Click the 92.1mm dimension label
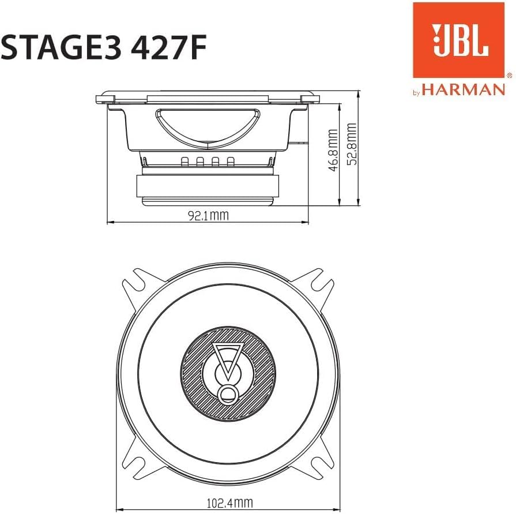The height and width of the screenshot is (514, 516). [x=208, y=216]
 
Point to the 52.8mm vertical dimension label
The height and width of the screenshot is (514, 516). [x=352, y=144]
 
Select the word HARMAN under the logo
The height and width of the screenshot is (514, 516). [x=463, y=89]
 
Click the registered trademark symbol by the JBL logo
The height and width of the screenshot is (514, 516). [x=509, y=76]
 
